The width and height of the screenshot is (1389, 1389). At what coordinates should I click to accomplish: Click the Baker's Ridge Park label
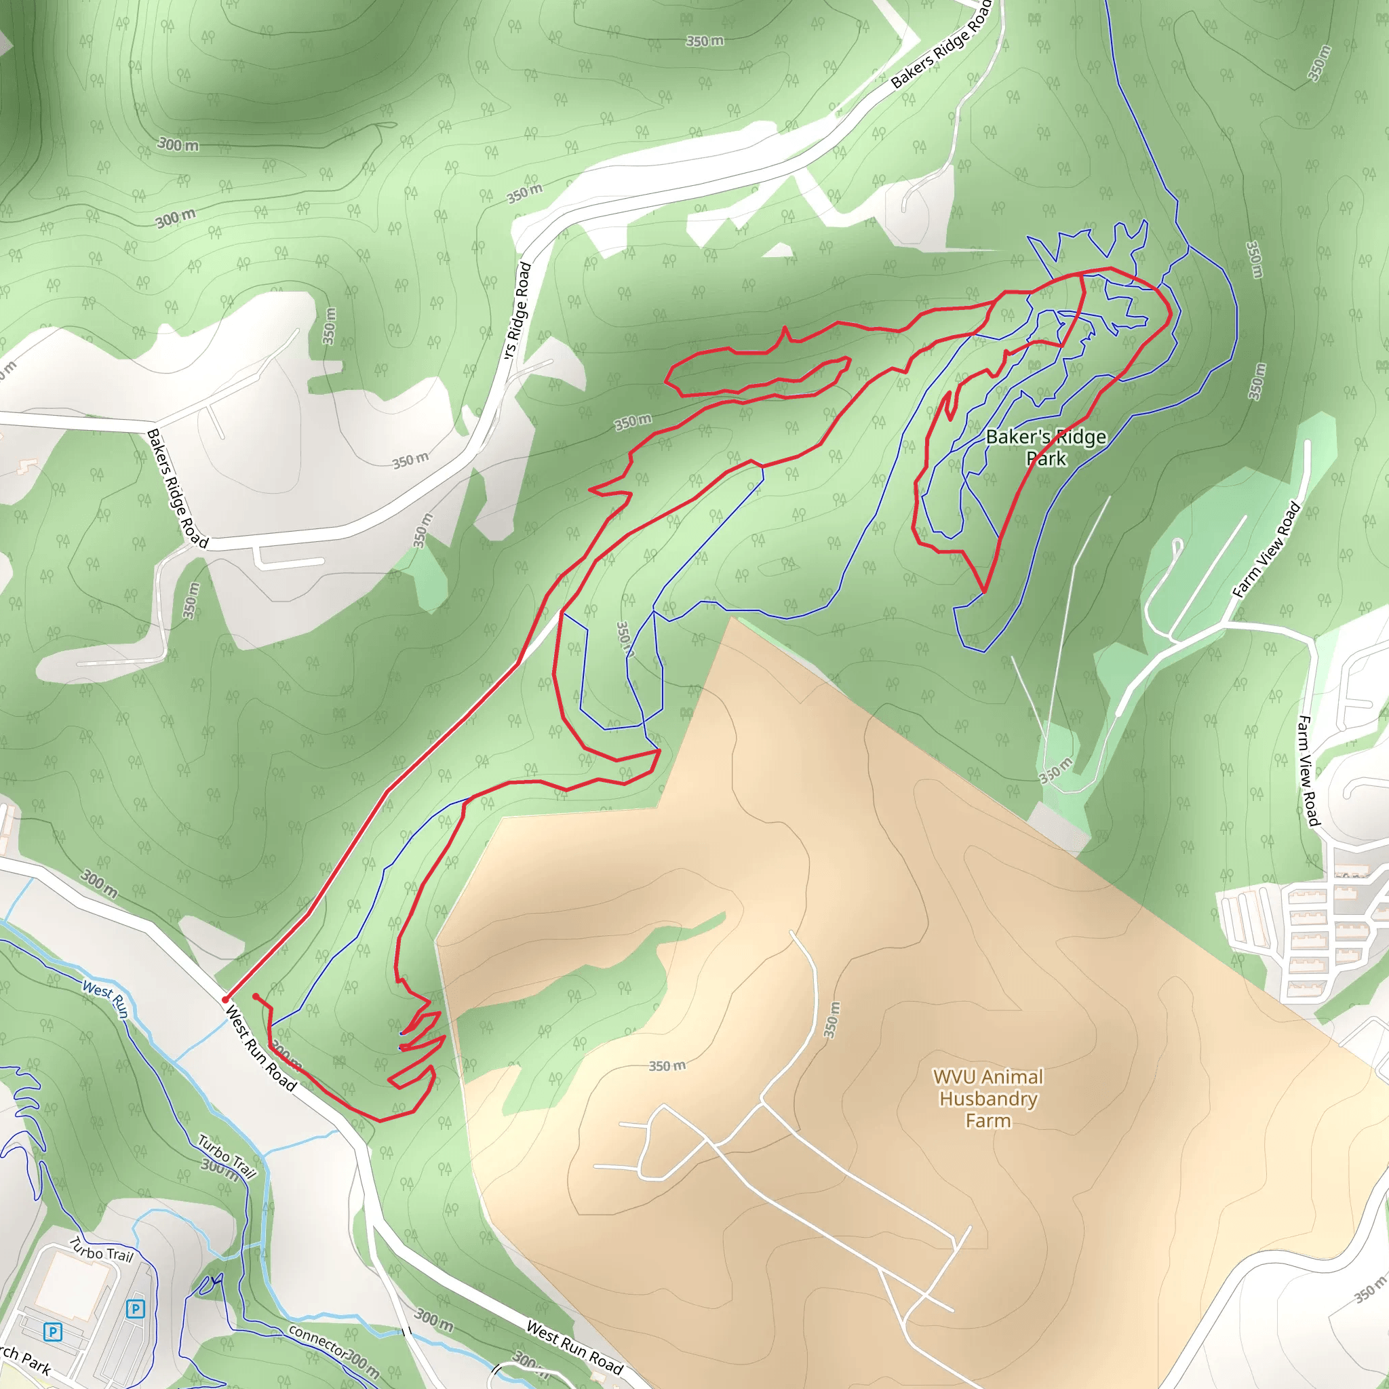coord(1046,447)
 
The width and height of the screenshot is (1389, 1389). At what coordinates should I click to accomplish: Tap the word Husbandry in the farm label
coord(987,1099)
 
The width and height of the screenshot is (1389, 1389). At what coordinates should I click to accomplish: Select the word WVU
coord(955,1077)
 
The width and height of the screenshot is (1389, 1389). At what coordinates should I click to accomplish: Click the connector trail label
coord(317,1340)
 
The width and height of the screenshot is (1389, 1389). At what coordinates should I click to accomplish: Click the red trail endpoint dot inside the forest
coord(256,996)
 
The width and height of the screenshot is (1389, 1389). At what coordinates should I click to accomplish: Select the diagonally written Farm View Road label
coord(1266,550)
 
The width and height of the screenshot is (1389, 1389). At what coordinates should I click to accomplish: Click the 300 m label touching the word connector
coord(361,1363)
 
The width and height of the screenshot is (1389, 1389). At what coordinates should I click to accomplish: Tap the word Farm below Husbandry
coord(987,1121)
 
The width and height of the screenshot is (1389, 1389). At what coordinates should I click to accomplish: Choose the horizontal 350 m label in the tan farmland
coord(667,1065)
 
